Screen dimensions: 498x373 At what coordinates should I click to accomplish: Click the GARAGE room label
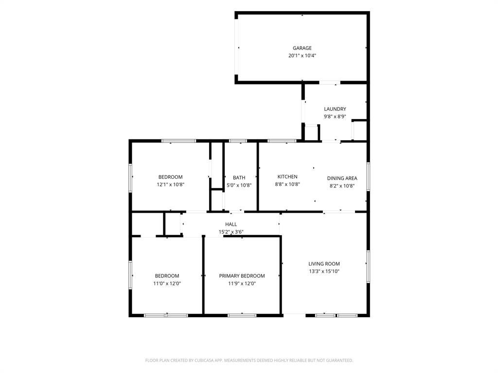(302, 48)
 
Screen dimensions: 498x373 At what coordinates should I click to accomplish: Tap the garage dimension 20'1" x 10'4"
(302, 55)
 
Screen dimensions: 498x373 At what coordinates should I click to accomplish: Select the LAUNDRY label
(335, 109)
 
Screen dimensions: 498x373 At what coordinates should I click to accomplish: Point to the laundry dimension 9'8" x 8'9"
(335, 117)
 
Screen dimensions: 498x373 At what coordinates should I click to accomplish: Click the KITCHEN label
(287, 177)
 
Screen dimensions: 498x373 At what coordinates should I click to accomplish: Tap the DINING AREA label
(342, 178)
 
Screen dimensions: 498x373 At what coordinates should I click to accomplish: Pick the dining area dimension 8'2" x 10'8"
(342, 186)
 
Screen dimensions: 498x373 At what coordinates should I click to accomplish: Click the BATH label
(239, 178)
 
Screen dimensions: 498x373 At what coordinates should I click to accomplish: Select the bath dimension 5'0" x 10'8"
(239, 185)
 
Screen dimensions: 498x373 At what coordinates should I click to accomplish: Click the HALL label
(231, 224)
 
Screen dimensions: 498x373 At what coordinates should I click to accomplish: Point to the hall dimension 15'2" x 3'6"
(231, 232)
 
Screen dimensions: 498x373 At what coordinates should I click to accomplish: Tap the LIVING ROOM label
(324, 264)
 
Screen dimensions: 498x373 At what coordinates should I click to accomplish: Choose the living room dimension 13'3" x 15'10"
(324, 271)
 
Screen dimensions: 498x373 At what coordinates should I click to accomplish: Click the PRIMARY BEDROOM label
(242, 276)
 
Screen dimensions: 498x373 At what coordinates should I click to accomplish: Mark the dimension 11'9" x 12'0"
(242, 284)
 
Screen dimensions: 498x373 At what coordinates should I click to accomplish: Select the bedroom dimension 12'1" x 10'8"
(171, 185)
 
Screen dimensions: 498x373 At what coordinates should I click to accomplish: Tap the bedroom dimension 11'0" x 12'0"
(167, 284)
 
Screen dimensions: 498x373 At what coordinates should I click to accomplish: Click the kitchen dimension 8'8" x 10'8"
(287, 184)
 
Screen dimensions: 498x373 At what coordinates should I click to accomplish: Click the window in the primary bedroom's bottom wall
(242, 315)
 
